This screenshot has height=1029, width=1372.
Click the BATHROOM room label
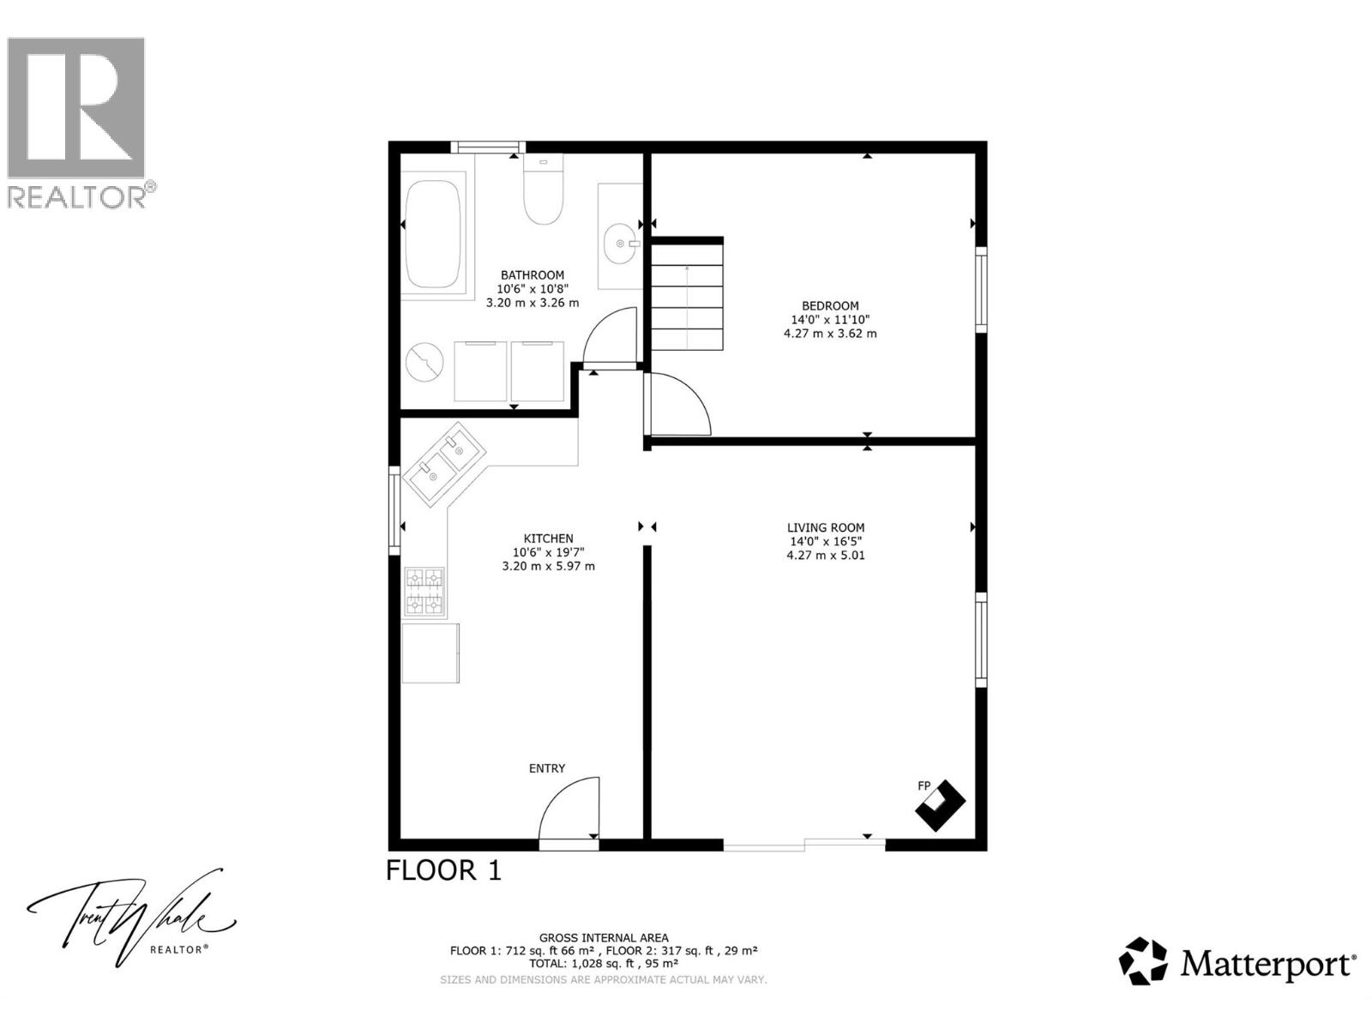tap(533, 275)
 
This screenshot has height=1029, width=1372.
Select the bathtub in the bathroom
tap(433, 234)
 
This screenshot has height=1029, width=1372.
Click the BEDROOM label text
tap(829, 306)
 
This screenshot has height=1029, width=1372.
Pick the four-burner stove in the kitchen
tap(424, 593)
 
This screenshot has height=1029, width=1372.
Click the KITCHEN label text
tap(548, 539)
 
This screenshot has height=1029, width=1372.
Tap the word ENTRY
tap(547, 768)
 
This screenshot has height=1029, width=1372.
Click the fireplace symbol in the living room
tap(940, 804)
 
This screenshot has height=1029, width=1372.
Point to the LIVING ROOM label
tap(826, 528)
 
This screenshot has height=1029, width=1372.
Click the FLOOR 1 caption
tap(443, 870)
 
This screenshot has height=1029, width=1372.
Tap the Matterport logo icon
tap(1143, 961)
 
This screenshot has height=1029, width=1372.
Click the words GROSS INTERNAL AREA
tap(604, 938)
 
